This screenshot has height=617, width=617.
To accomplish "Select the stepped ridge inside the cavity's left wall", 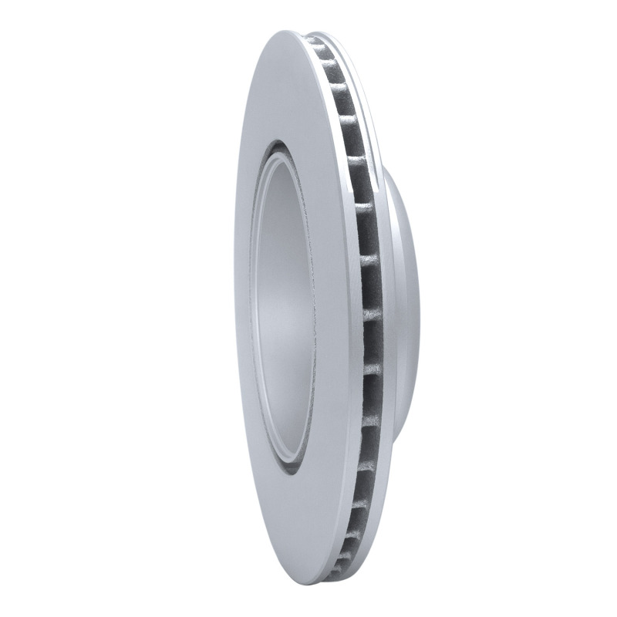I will point(259,308).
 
